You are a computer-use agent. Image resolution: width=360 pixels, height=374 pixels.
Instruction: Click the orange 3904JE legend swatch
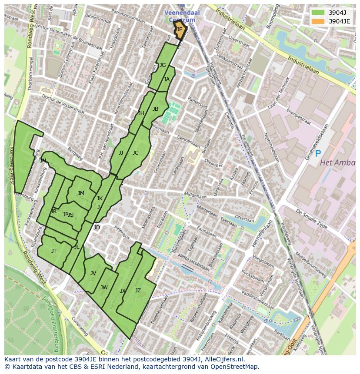318,21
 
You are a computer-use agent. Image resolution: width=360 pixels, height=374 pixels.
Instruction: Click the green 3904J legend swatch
318,12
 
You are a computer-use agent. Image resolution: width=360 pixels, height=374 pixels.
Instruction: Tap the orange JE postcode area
180,30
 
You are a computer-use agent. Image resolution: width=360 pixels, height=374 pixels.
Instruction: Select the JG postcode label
163,65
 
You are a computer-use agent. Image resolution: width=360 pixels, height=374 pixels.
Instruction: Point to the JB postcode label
155,109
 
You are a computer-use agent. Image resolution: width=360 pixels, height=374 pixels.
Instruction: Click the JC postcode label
135,153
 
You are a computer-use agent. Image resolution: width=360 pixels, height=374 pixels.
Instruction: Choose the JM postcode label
81,193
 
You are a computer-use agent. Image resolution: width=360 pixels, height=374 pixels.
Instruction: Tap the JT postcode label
54,251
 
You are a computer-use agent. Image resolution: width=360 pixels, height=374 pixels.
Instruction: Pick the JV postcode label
93,273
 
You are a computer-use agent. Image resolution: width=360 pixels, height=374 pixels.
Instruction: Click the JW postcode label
104,288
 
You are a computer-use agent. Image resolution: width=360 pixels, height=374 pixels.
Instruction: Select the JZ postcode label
138,291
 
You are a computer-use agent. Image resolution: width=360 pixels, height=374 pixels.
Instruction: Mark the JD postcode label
97,228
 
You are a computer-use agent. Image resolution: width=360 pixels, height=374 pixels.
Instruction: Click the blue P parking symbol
318,153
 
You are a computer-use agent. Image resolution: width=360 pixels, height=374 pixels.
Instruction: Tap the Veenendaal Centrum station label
182,16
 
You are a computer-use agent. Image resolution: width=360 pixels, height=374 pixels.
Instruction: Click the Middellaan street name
195,196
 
